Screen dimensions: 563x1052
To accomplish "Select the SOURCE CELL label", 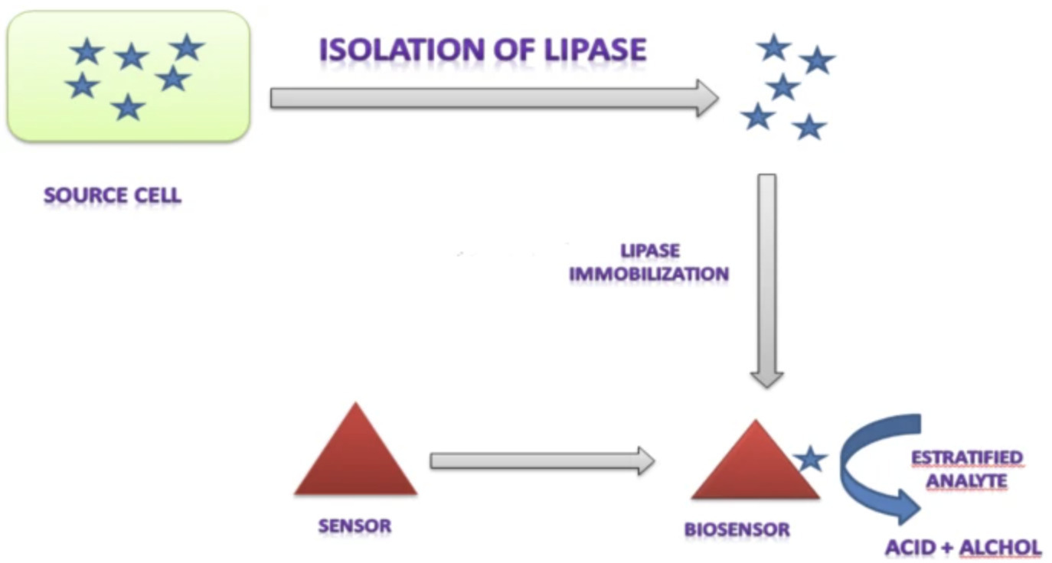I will click(x=113, y=195).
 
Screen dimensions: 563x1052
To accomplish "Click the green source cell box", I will click(x=128, y=76).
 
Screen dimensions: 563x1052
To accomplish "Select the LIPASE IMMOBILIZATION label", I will click(x=649, y=262).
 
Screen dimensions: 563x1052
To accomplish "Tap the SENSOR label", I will click(x=354, y=526).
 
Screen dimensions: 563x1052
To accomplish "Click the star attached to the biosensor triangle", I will click(x=810, y=459).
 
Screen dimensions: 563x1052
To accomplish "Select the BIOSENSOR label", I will click(x=737, y=529).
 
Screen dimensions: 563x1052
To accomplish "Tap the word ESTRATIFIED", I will click(x=966, y=457).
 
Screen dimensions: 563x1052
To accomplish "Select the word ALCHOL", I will click(x=1000, y=548).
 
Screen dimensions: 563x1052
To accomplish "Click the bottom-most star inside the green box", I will click(x=128, y=108).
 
